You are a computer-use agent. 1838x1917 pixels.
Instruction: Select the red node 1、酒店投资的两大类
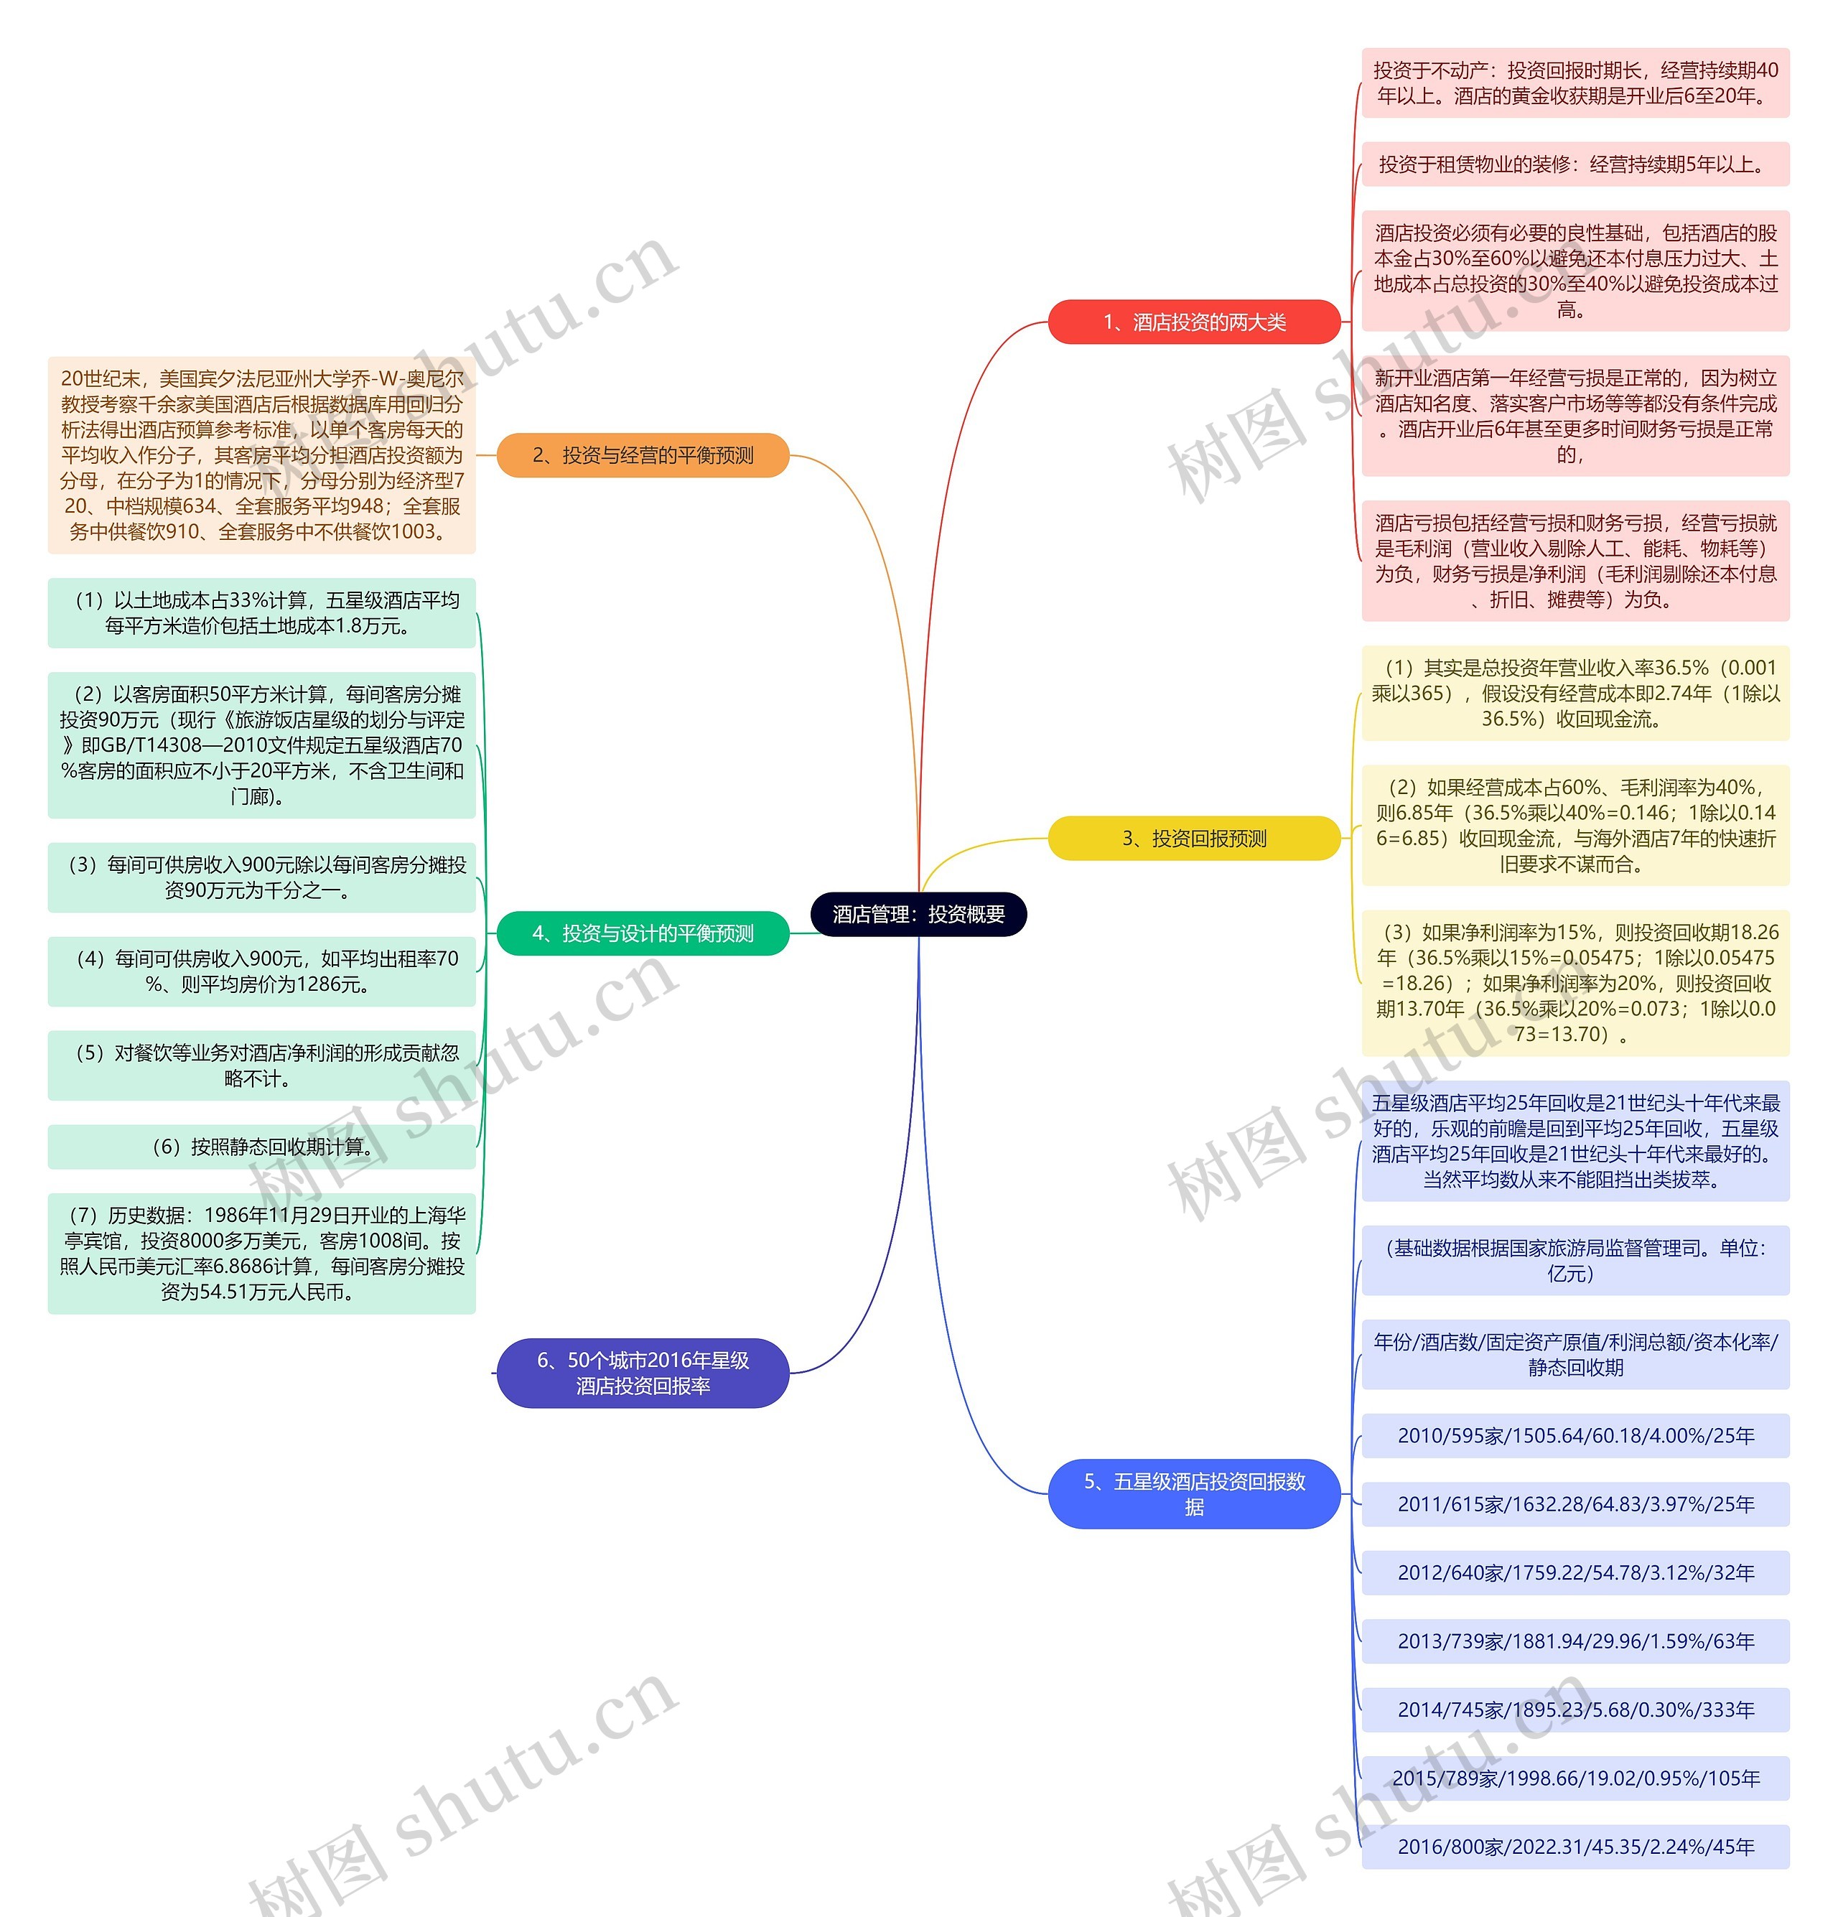click(x=1193, y=322)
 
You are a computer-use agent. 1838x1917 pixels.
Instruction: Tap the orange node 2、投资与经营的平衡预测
click(x=643, y=454)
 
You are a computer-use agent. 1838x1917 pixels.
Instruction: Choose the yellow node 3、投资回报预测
click(x=1193, y=838)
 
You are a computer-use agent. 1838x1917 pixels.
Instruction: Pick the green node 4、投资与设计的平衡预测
click(x=643, y=933)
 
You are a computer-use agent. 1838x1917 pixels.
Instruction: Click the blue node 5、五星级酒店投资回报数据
click(x=1193, y=1493)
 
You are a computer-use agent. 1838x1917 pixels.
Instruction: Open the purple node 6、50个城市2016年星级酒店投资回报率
click(x=643, y=1372)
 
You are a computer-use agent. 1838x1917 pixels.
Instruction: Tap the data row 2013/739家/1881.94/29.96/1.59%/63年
click(x=1575, y=1641)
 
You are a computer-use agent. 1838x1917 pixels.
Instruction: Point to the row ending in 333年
click(x=1575, y=1710)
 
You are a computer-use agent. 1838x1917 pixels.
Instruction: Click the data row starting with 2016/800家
click(x=1575, y=1847)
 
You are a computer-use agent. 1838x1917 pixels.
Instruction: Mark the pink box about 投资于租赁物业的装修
click(x=1575, y=164)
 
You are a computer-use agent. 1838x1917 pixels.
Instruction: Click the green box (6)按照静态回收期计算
click(x=261, y=1147)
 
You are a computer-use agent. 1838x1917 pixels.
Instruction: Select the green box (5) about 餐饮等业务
click(x=261, y=1065)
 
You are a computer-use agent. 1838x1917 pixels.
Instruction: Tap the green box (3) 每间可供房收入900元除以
click(x=261, y=877)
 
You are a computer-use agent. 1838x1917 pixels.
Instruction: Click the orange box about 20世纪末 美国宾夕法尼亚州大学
click(x=261, y=454)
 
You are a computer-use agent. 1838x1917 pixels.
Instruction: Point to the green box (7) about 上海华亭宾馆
click(x=261, y=1253)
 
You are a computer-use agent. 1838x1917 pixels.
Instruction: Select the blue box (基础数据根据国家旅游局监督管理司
click(x=1575, y=1261)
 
